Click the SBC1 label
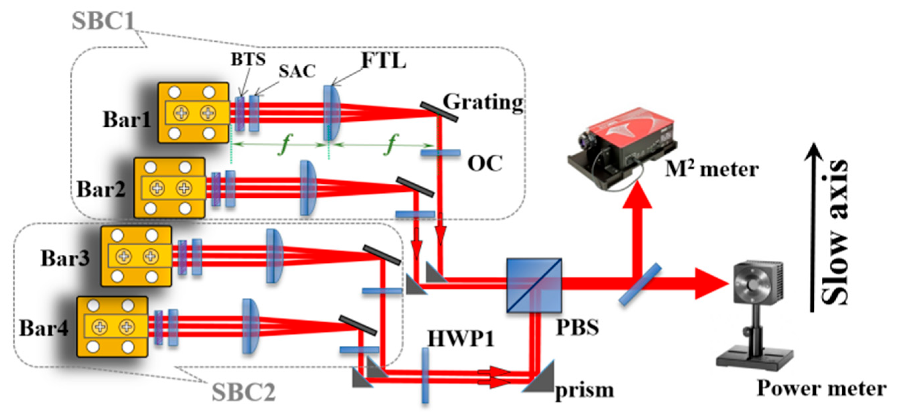[103, 21]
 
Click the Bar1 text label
[127, 119]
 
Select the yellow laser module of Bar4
[112, 326]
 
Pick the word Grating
[483, 102]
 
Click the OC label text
[485, 163]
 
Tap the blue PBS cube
[534, 285]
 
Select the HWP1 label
[461, 338]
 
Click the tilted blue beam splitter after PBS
[640, 284]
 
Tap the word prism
[584, 390]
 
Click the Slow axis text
[835, 232]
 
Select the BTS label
[248, 59]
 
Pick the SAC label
[297, 71]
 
